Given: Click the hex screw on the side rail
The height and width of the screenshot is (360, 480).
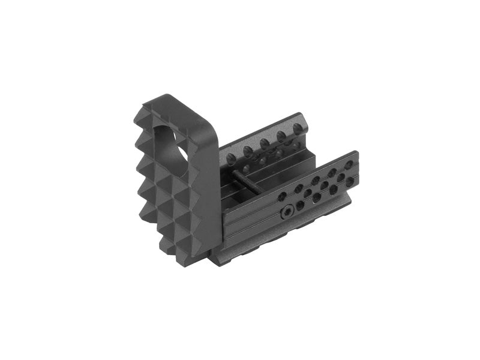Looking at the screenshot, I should (x=287, y=212).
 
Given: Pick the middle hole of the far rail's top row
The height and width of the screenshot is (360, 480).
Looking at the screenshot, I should (x=264, y=143).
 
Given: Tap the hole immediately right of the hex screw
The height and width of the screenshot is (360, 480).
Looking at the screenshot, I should (x=300, y=206).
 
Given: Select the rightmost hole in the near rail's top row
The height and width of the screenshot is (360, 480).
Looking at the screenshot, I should (x=349, y=163).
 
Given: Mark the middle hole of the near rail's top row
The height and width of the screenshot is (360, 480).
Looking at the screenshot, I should (x=315, y=179).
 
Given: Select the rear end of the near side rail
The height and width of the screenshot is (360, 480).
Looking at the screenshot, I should (x=355, y=174).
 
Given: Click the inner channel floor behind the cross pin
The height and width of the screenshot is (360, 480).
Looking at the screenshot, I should (x=264, y=177).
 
